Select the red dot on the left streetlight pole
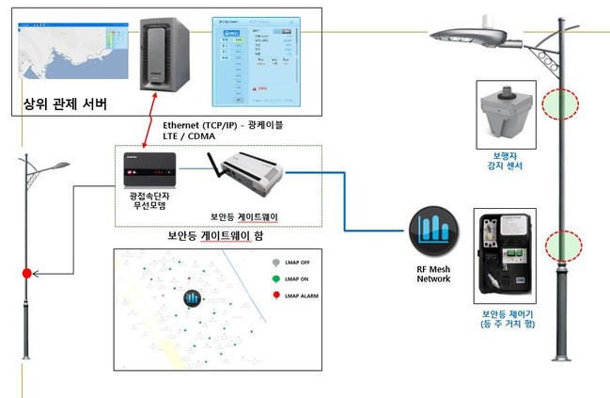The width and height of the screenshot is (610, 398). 27,274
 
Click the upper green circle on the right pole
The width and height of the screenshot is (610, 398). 560,103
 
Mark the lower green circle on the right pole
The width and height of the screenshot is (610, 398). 560,247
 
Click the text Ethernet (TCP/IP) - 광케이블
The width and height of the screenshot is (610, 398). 236,125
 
